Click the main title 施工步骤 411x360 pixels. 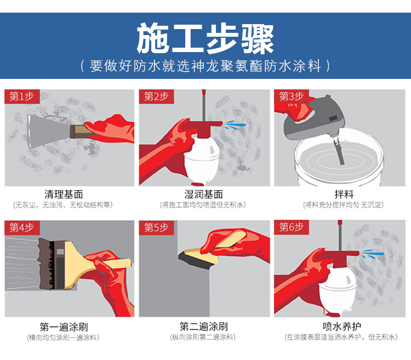(206, 38)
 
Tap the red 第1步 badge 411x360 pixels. (22, 96)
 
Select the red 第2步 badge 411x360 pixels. (156, 96)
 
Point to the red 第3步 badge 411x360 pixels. (291, 96)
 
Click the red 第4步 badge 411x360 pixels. (22, 227)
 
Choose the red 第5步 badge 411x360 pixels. (156, 227)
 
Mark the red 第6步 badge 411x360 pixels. (291, 227)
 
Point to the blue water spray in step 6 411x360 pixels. (373, 255)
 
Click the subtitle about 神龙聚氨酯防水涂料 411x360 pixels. (206, 66)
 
